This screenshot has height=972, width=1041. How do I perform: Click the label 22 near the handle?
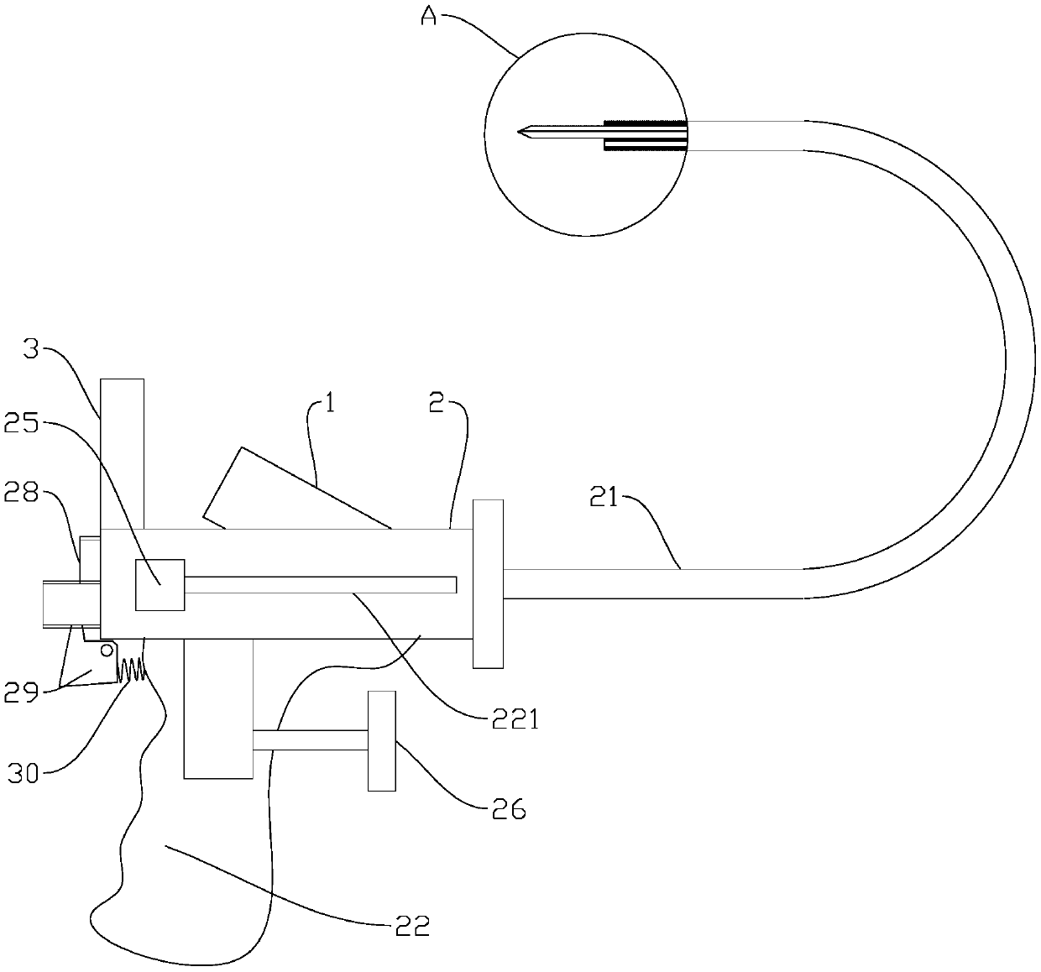pyautogui.click(x=411, y=926)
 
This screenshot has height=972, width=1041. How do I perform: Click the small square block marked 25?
pyautogui.click(x=160, y=584)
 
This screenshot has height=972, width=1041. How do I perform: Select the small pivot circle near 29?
pyautogui.click(x=107, y=649)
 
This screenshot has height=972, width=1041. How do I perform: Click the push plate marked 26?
pyautogui.click(x=381, y=740)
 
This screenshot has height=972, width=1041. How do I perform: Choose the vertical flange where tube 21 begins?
pyautogui.click(x=488, y=583)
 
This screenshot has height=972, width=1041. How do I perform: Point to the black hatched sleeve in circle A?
pyautogui.click(x=645, y=134)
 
